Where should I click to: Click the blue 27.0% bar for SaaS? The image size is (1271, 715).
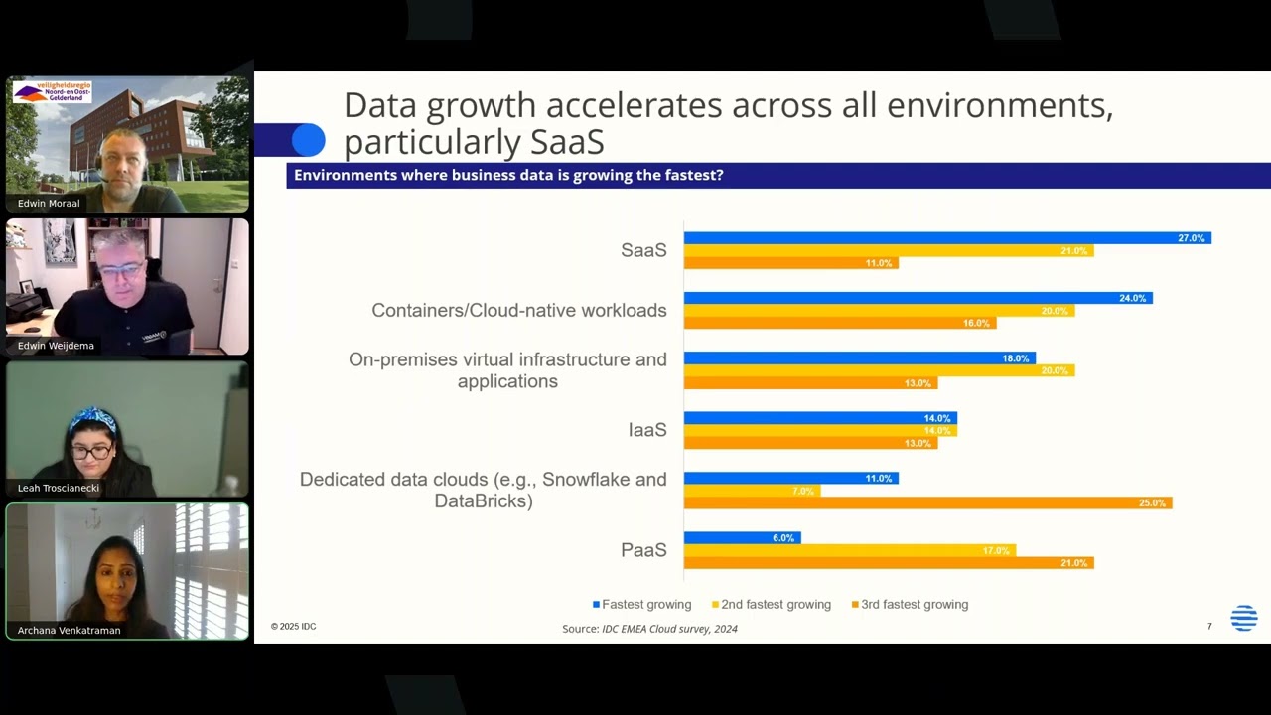[946, 238]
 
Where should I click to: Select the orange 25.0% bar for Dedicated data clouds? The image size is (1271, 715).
[927, 503]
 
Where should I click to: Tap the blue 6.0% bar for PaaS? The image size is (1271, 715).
[742, 538]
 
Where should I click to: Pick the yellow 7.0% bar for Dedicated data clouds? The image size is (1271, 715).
[752, 491]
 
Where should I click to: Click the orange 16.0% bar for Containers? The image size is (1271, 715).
[839, 323]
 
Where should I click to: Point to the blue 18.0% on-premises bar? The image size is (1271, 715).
[859, 358]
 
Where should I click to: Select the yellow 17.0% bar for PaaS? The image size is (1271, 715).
[849, 550]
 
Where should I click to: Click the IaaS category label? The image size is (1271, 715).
[646, 430]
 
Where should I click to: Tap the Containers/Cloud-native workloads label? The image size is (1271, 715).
[518, 311]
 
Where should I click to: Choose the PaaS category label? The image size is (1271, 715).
[642, 550]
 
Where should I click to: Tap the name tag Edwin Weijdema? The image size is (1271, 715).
[56, 346]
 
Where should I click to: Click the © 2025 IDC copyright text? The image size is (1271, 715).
[293, 627]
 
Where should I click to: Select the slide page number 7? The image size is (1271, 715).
[1209, 627]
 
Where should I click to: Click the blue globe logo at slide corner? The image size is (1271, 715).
[1243, 618]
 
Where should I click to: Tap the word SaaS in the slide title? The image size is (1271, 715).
[567, 142]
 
